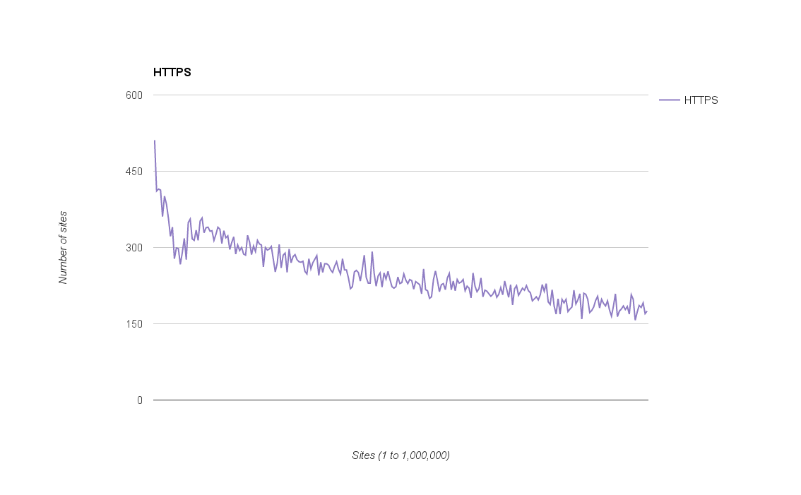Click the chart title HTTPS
[172, 72]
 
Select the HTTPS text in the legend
[701, 100]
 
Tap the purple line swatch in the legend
[669, 100]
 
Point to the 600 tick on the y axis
[134, 95]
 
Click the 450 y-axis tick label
[134, 172]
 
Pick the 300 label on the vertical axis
[134, 248]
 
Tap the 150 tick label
[134, 324]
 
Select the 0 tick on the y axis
[139, 400]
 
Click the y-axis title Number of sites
[63, 247]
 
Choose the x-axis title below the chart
[400, 455]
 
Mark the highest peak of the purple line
[155, 141]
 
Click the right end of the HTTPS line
[646, 311]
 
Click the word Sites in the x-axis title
[364, 455]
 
